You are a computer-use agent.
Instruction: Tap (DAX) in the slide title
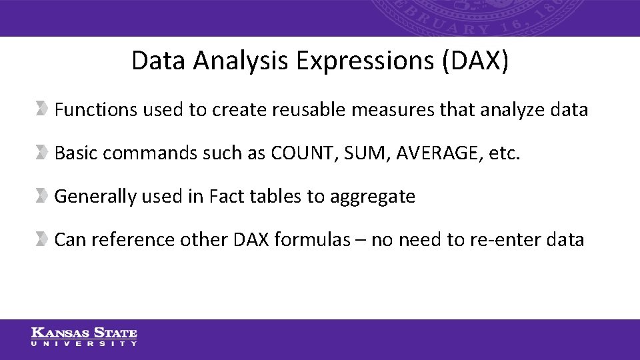(x=475, y=61)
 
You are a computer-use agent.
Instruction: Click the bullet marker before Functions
(x=42, y=109)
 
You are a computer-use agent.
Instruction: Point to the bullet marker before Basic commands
(x=42, y=153)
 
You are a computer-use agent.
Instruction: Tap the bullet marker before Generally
(x=42, y=196)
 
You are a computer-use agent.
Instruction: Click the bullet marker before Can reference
(x=42, y=239)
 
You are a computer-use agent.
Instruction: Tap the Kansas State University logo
(x=84, y=337)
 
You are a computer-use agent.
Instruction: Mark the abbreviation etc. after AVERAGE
(x=505, y=153)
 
